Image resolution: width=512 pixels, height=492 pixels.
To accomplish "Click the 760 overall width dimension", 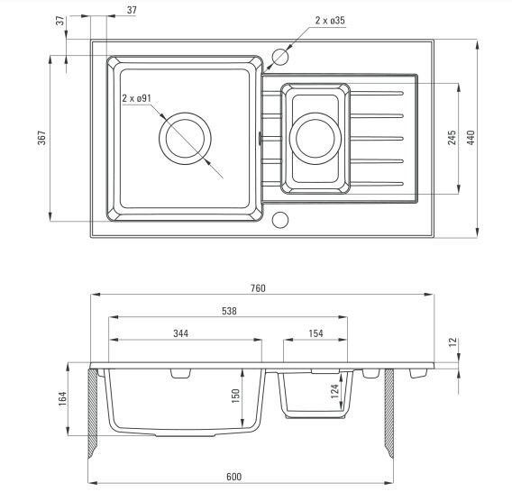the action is pos(258,288).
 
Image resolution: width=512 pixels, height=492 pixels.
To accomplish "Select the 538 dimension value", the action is pos(229,311).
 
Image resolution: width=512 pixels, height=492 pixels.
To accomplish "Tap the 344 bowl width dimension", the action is pos(180,333).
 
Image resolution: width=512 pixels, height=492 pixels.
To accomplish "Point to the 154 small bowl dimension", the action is pos(315,333).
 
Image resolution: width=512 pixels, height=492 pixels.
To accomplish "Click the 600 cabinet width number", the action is pos(233,477).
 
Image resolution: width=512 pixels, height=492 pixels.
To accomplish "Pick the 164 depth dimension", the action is pos(62,398).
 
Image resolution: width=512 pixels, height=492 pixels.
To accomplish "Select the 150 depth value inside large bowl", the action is pos(235,396).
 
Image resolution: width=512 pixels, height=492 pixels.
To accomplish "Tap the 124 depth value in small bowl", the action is pos(334,391).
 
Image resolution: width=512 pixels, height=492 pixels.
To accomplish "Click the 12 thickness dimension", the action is pos(453,342).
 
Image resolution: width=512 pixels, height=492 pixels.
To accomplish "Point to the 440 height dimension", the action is pos(471,138).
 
